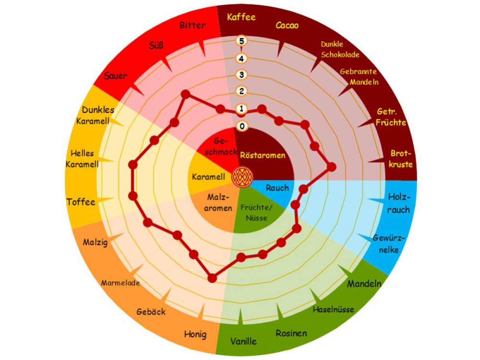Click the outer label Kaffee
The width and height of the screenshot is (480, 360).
point(241,17)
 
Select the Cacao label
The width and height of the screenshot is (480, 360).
point(287,25)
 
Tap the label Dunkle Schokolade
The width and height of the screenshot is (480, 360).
point(340,49)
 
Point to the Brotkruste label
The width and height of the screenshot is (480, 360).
point(401,159)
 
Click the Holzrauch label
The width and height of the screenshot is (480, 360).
point(398,203)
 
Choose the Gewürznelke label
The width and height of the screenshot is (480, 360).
point(388,244)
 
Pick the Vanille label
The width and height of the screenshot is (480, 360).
point(243,341)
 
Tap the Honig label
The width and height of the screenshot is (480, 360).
point(195,334)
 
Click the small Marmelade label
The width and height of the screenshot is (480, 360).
point(120,283)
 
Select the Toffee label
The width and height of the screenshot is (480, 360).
point(81,202)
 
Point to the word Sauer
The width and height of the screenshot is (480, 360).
point(115,76)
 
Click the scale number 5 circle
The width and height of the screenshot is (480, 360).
point(241,41)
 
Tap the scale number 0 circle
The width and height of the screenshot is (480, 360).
point(242,126)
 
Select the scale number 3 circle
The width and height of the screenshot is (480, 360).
point(241,75)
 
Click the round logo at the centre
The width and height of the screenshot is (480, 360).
point(242,177)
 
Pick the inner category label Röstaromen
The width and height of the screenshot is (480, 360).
point(263,155)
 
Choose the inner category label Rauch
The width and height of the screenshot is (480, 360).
point(277,188)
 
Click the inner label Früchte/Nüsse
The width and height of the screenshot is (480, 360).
point(256,213)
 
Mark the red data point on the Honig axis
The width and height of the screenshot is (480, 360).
point(212,278)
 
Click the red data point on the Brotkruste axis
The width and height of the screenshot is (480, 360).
point(332,167)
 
